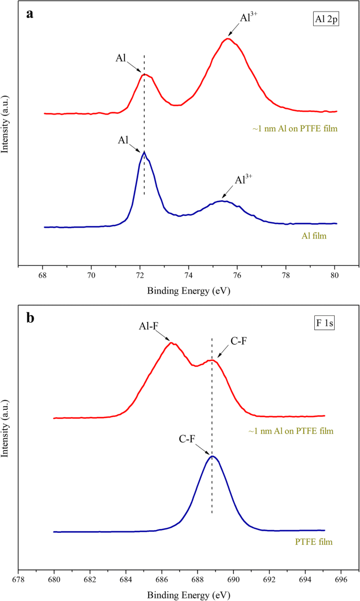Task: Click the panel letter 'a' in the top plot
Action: [x=30, y=14]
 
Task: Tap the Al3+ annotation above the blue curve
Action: [x=243, y=180]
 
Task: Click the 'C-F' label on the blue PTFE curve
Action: [x=188, y=436]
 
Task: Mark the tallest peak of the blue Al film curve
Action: [x=143, y=152]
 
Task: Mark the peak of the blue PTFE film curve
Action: [x=212, y=455]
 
